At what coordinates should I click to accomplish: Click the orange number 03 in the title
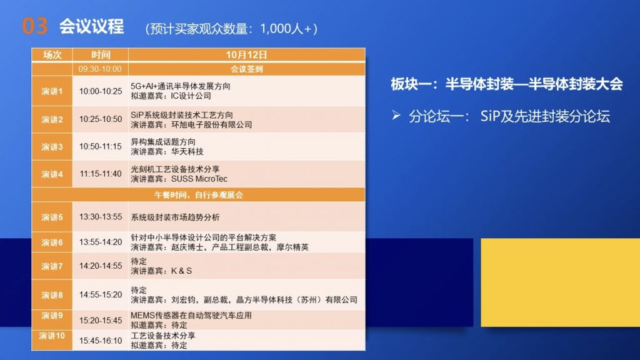[35, 26]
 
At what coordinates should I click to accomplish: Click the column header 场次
[52, 55]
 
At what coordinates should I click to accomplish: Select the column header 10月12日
[246, 55]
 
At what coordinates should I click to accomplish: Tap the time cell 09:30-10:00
[100, 69]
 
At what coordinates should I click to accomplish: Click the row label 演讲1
[52, 91]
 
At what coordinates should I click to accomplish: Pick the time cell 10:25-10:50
[101, 119]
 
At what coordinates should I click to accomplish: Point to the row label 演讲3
[52, 147]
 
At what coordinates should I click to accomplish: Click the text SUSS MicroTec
[199, 179]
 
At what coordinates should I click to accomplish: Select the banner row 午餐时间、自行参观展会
[198, 195]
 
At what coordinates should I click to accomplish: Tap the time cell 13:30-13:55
[101, 217]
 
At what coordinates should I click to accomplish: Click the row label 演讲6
[52, 242]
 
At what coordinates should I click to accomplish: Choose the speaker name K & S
[181, 271]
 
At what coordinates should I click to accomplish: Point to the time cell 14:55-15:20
[101, 295]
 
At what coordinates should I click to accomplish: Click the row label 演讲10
[52, 336]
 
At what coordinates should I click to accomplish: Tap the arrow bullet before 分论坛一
[396, 116]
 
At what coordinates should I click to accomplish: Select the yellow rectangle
[561, 282]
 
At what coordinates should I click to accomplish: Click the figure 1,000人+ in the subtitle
[286, 29]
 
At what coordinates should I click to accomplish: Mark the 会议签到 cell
[246, 69]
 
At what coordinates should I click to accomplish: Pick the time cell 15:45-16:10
[101, 341]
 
